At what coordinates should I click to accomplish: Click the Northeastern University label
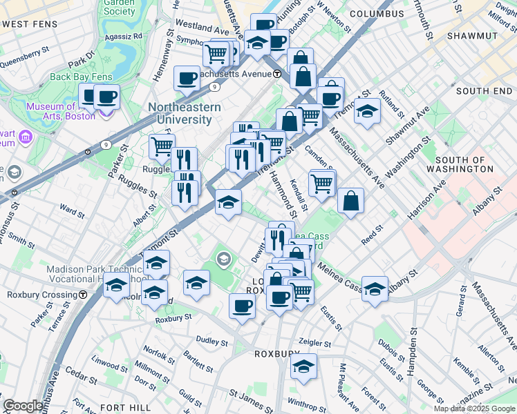pos(184,113)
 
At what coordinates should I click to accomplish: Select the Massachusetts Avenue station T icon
pos(277,74)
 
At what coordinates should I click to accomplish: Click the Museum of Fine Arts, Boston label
pos(60,111)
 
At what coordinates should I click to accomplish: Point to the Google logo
pos(23,406)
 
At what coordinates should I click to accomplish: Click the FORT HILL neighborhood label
pos(125,408)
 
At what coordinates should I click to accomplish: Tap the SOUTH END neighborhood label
pos(483,91)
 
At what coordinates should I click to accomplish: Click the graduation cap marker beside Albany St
pos(375,288)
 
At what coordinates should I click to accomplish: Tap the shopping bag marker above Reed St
pos(351,201)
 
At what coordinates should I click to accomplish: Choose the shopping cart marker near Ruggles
pos(162,146)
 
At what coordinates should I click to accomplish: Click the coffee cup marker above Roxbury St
pos(241,306)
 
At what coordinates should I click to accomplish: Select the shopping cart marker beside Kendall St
pos(322,183)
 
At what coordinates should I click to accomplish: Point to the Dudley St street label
pos(211,342)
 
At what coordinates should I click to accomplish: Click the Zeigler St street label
pos(316,342)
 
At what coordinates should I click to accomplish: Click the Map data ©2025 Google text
pos(473,408)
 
